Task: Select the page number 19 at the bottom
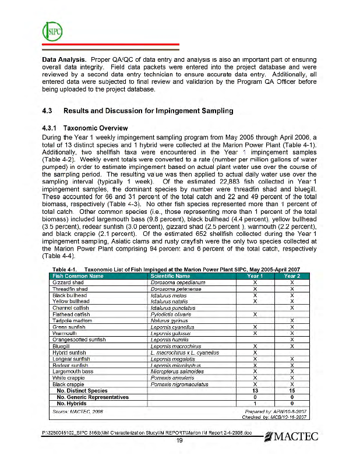(x=180, y=440)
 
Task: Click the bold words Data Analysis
(x=65, y=59)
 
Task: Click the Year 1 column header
(x=255, y=276)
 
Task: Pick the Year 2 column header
(x=292, y=276)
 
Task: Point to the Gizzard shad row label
(x=68, y=282)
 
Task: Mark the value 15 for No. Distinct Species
(x=292, y=390)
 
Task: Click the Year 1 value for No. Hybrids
(x=255, y=403)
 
